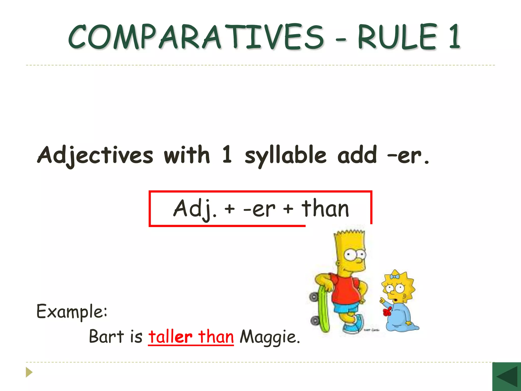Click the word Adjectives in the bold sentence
coord(95,155)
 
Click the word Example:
coord(72,312)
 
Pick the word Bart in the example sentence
coord(106,337)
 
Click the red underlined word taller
coord(170,337)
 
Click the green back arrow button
coord(506,377)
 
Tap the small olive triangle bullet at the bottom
coord(29,372)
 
